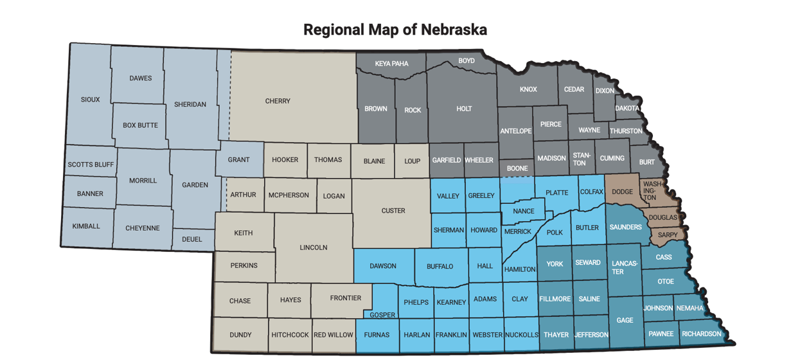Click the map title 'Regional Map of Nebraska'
coord(395,30)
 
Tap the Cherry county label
coord(278,101)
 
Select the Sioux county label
coord(91,100)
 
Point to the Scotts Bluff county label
coord(91,165)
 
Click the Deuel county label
coord(191,239)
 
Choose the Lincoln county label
coord(314,248)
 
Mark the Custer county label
coord(393,211)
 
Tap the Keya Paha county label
coord(391,64)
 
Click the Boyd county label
coord(467,61)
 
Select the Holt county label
coord(464,109)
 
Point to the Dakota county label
coord(627,109)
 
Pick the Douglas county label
coord(662,217)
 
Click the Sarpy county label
coord(668,235)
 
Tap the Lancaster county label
coord(618,267)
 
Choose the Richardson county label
coord(702,334)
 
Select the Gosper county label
coord(382,315)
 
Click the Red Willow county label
coord(333,335)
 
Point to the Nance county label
coord(524,211)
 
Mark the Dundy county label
coord(240,335)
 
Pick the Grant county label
coord(238,160)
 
